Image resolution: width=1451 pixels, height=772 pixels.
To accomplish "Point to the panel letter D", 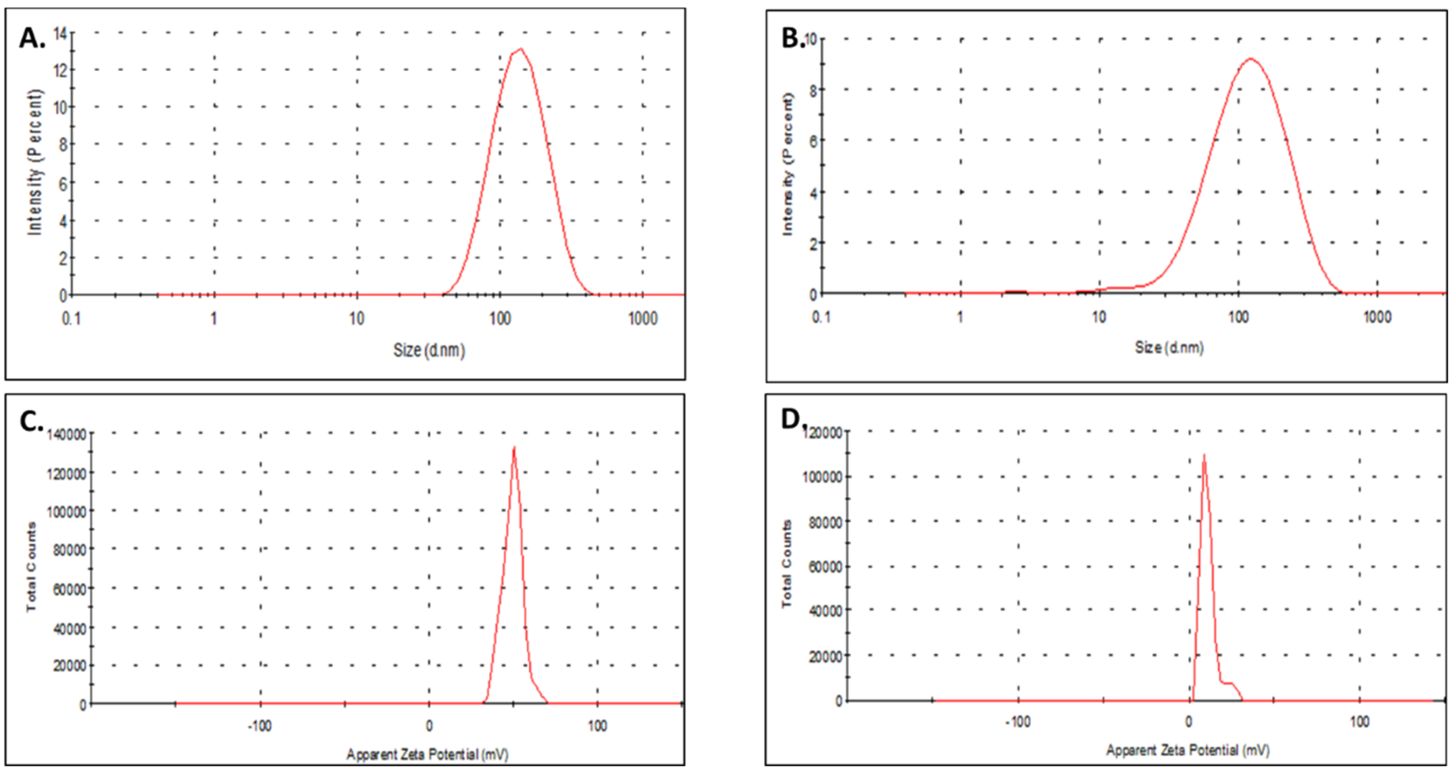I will [791, 419].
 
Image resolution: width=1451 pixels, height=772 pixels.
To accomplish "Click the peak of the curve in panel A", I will [521, 49].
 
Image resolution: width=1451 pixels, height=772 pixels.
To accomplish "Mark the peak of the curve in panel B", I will [1251, 59].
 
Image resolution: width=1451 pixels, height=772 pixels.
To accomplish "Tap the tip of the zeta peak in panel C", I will [514, 448].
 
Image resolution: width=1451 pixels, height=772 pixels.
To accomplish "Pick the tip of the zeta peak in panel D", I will [1204, 455].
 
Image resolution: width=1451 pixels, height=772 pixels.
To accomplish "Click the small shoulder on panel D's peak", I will [1228, 683].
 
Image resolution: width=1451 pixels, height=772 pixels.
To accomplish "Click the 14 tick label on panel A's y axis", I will [60, 34].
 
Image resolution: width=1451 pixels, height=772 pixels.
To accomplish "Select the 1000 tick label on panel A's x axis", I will [642, 319].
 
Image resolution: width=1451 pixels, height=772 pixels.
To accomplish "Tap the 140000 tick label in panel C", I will [67, 434].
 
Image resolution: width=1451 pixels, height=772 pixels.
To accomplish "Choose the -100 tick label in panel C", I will [260, 726].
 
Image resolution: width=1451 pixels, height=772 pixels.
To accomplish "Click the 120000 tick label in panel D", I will [823, 432].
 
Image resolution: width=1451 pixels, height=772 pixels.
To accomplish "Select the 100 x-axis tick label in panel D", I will [1360, 722].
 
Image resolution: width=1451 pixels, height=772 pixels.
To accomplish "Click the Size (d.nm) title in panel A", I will [428, 351].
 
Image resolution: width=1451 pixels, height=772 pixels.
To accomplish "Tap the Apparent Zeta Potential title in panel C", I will [427, 754].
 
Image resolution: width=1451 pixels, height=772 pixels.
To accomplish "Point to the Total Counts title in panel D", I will [787, 564].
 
